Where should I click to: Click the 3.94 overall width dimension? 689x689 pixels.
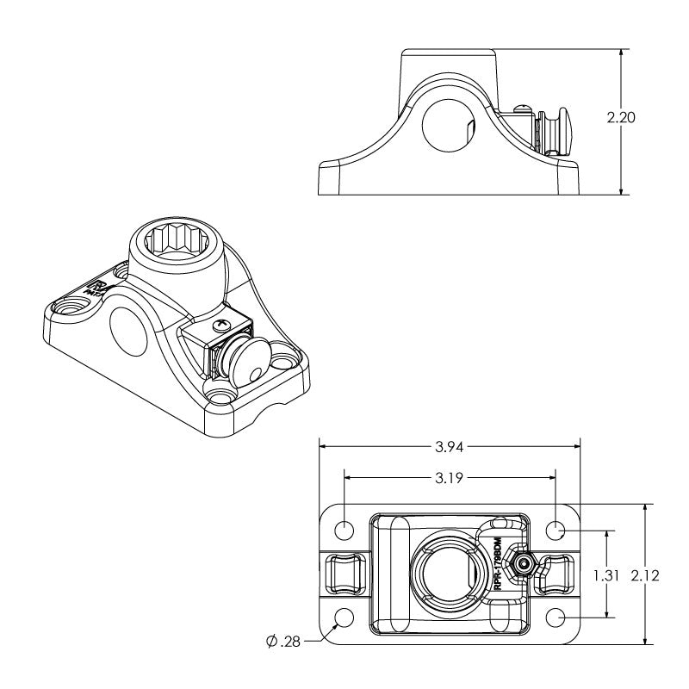point(450,447)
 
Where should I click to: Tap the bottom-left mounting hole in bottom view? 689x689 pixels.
point(344,618)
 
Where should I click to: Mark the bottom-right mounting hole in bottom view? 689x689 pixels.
point(556,618)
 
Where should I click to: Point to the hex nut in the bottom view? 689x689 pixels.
point(522,565)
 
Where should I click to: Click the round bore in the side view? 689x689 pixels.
point(445,126)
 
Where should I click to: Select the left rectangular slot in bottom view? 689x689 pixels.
point(342,573)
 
